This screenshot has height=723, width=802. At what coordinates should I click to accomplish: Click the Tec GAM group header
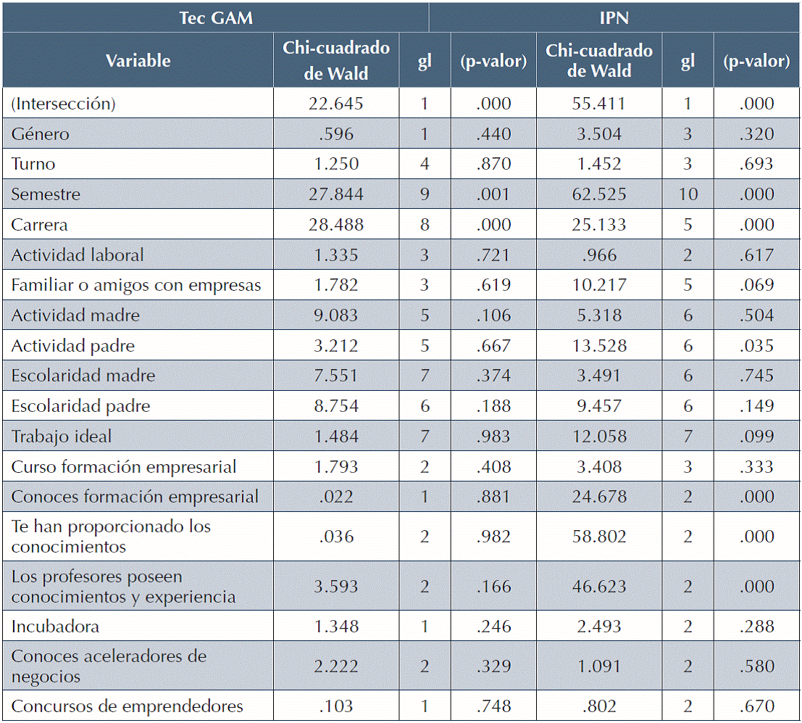[x=216, y=17]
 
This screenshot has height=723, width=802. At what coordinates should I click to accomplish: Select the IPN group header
[x=614, y=17]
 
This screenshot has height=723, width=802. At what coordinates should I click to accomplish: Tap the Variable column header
[x=138, y=61]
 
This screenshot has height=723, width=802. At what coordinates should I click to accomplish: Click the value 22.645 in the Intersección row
[x=335, y=104]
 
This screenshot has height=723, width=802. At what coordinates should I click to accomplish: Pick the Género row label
[x=41, y=134]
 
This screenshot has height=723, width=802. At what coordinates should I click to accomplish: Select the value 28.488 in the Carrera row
[x=335, y=225]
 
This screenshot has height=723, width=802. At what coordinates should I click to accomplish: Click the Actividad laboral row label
[x=78, y=255]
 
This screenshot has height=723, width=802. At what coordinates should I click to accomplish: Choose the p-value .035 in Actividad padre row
[x=756, y=346]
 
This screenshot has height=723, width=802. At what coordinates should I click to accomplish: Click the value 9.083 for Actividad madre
[x=335, y=315]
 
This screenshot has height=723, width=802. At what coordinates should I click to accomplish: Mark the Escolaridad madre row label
[x=83, y=376]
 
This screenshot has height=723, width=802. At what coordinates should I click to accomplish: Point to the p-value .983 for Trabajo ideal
[x=494, y=437]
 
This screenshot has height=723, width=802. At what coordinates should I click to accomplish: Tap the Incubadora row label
[x=56, y=627]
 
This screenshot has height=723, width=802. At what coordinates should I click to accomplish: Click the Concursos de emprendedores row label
[x=128, y=706]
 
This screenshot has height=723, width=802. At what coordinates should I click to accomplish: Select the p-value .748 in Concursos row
[x=494, y=706]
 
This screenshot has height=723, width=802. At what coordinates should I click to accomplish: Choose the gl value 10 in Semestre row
[x=688, y=194]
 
